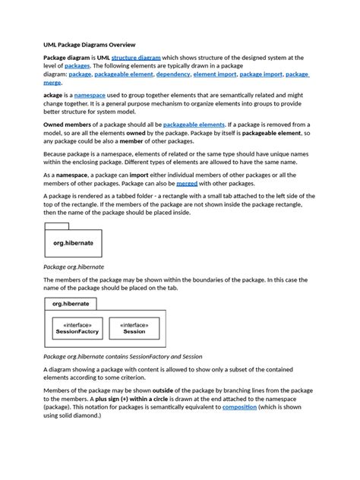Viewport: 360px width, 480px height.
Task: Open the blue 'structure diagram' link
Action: (137, 58)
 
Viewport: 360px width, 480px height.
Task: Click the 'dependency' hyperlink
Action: (174, 75)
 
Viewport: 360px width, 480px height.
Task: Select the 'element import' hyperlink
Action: (214, 75)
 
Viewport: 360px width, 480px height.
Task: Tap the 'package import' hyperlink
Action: (261, 75)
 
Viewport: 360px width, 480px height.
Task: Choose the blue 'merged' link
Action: (186, 184)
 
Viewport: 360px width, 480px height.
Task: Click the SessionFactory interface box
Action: (77, 327)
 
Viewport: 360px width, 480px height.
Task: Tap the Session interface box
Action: (134, 327)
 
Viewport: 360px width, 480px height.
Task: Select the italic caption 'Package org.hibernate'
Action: (73, 267)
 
